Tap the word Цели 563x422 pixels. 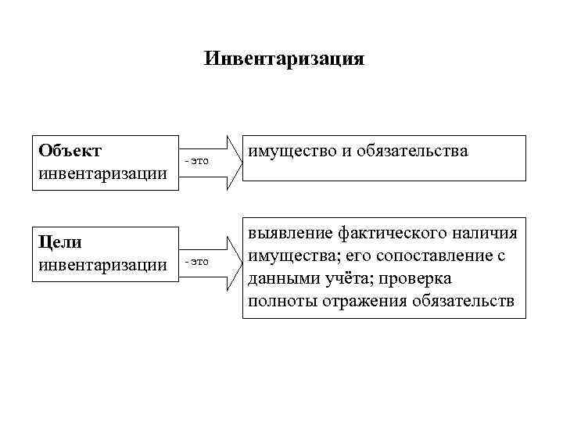click(60, 243)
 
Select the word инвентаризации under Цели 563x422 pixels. click(102, 266)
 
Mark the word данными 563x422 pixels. click(280, 279)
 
